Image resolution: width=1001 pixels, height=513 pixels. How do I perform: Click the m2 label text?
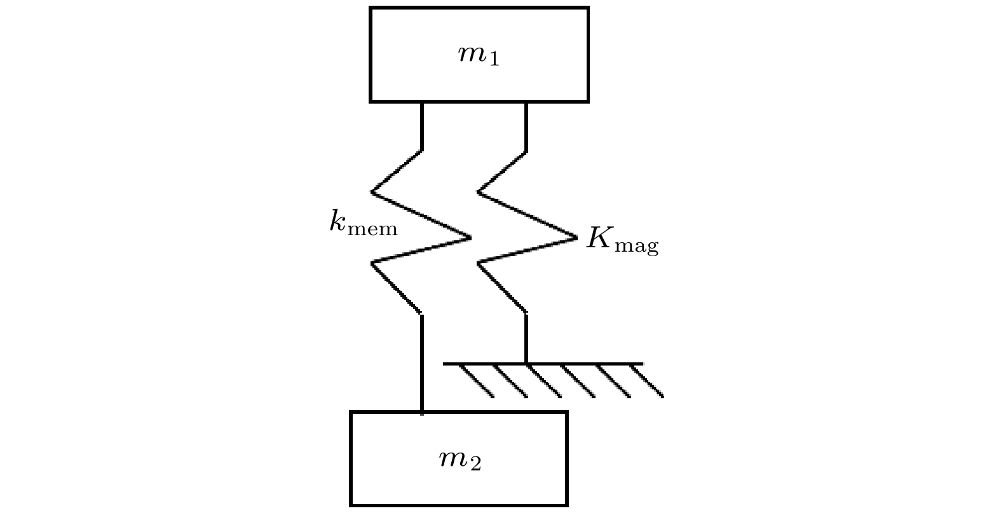[460, 460]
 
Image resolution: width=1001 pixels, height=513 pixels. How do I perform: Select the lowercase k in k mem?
[337, 220]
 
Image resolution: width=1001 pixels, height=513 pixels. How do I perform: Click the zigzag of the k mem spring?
[421, 231]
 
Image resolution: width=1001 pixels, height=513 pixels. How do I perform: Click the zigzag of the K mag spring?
[527, 231]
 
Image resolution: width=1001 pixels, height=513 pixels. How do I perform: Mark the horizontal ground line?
[543, 364]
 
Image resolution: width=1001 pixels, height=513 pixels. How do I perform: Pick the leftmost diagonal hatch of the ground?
[477, 381]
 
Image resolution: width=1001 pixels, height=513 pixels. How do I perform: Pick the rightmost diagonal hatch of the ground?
[647, 381]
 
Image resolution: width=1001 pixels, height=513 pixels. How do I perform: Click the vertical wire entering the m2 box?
[422, 364]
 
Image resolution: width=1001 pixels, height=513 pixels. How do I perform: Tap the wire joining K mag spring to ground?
[526, 338]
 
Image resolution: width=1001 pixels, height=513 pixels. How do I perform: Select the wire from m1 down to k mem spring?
[422, 127]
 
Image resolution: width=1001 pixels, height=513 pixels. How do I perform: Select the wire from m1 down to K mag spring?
[526, 127]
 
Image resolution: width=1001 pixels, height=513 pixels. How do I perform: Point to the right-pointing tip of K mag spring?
[577, 238]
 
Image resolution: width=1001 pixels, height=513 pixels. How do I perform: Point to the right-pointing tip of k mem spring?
[471, 238]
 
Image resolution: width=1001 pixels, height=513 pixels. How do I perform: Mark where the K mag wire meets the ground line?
[526, 364]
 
